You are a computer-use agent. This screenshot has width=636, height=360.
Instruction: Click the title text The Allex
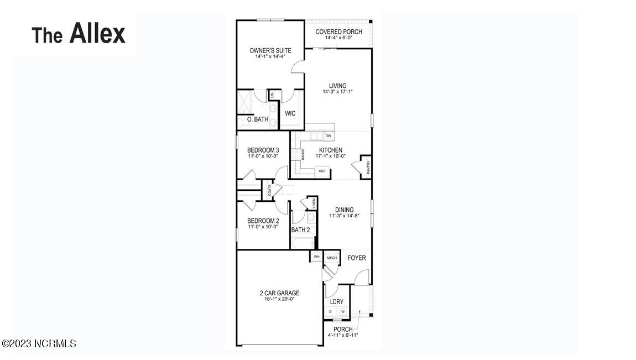(79, 34)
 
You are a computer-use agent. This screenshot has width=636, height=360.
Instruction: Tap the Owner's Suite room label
(270, 50)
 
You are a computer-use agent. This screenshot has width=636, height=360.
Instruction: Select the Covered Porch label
(338, 32)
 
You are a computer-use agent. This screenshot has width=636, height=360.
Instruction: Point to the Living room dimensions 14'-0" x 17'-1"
(337, 92)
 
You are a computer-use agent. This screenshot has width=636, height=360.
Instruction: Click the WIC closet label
(290, 114)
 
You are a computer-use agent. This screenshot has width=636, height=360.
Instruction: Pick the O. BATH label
(257, 119)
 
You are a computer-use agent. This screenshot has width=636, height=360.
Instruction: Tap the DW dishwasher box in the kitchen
(328, 136)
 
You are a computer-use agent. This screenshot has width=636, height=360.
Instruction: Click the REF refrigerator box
(322, 171)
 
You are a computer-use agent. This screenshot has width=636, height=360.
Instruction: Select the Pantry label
(368, 168)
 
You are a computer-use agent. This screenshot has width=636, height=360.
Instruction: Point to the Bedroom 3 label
(263, 150)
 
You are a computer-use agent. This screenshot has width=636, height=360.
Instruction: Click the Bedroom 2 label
(263, 221)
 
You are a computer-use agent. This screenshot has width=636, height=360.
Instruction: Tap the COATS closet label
(270, 190)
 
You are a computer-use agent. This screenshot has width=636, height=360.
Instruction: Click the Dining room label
(344, 210)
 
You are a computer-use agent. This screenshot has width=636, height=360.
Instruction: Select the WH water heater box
(317, 257)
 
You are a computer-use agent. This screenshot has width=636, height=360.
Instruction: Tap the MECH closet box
(332, 258)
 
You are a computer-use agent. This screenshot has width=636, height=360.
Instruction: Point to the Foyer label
(356, 258)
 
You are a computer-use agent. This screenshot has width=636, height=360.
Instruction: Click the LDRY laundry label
(337, 302)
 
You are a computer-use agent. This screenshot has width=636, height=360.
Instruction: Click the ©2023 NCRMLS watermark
(39, 343)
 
